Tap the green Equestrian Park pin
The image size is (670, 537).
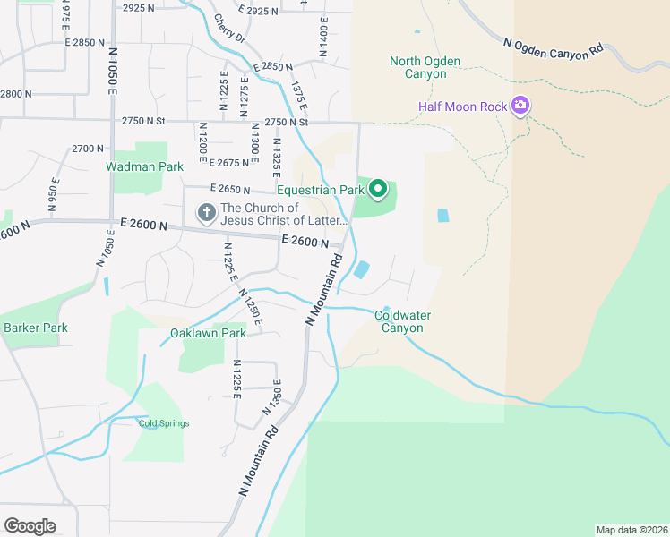[x=378, y=189]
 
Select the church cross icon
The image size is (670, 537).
[x=206, y=213]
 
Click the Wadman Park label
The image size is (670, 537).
[x=144, y=166]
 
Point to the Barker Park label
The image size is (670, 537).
[x=36, y=328]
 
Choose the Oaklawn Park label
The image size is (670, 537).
[x=208, y=333]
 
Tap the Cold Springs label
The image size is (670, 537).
[x=164, y=423]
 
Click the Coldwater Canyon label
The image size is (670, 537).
[x=399, y=321]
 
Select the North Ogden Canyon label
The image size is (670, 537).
[x=425, y=67]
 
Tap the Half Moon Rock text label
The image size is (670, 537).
[x=463, y=107]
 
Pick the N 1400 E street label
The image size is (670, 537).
[x=323, y=36]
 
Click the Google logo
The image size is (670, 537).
[x=30, y=525]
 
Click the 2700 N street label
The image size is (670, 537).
[x=89, y=148]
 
